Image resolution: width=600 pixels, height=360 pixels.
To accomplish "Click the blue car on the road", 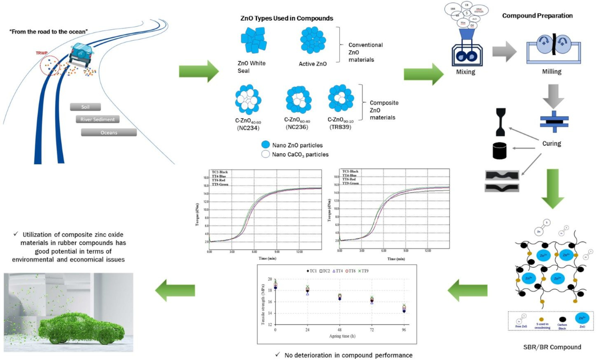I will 81,54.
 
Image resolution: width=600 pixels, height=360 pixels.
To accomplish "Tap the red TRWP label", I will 41,53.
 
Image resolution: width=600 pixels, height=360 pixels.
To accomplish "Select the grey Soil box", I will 85,107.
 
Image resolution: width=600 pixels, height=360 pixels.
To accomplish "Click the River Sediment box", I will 97,119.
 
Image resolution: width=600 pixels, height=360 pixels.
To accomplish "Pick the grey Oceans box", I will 109,132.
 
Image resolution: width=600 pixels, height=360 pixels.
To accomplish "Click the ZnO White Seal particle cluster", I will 253,40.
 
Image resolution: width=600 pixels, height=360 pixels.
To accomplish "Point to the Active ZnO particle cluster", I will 313,40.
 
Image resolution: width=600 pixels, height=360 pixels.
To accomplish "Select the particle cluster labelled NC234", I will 248,100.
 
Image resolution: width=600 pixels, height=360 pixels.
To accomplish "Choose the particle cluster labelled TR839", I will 341,98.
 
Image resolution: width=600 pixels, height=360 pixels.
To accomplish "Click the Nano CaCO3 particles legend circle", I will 265,154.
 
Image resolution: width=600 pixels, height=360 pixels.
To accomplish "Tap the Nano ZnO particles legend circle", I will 265,145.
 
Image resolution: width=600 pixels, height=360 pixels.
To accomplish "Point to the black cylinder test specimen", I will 500,151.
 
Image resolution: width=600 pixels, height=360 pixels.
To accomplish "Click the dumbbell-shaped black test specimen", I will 500,122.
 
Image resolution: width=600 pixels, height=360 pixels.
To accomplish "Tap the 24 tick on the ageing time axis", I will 307,330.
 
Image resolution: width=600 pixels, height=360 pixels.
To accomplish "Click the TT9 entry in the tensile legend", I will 363,271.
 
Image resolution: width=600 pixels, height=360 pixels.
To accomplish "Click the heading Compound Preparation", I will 537,16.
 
